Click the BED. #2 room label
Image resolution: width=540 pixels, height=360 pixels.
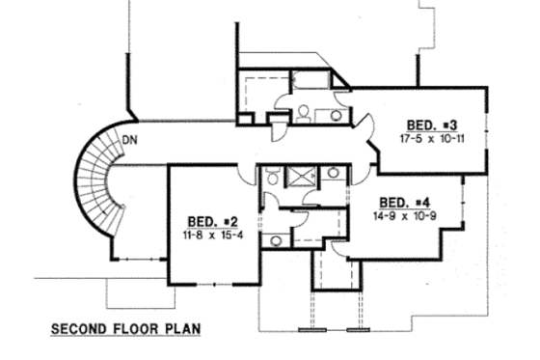(206, 220)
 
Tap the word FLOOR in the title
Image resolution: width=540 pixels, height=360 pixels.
(136, 328)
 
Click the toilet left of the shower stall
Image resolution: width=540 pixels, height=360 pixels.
(273, 176)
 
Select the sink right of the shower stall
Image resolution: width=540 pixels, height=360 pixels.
(333, 174)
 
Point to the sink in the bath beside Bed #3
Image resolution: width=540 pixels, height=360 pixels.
(336, 114)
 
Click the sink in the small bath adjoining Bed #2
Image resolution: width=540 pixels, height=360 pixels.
(277, 239)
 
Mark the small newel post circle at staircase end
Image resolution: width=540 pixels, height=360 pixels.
(121, 211)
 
